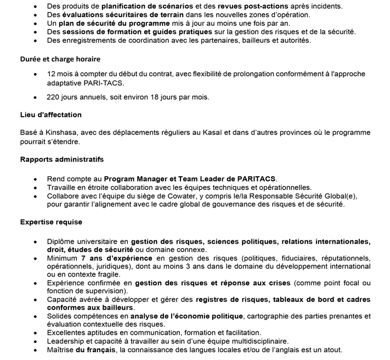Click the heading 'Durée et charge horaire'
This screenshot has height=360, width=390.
pyautogui.click(x=60, y=58)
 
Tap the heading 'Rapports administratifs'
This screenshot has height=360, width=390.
pyautogui.click(x=61, y=159)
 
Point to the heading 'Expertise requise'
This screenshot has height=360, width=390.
pyautogui.click(x=51, y=222)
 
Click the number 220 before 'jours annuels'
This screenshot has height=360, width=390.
pyautogui.click(x=54, y=97)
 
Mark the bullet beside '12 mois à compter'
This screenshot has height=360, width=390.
pyautogui.click(x=36, y=74)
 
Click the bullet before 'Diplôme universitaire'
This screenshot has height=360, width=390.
pyautogui.click(x=36, y=241)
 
